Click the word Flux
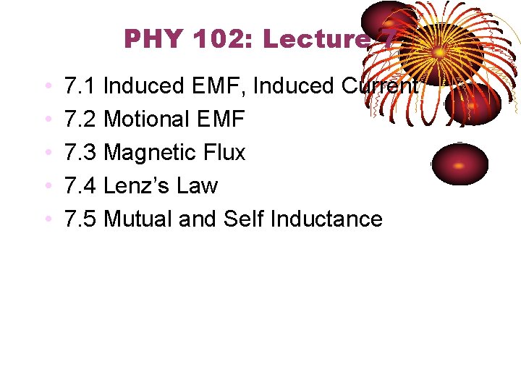pos(225,153)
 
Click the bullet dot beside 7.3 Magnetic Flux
pos(47,154)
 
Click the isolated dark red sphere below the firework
pos(459,164)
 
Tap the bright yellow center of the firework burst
pos(439,53)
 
